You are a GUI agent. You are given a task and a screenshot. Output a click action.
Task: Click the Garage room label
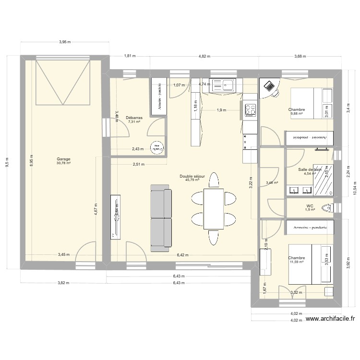(x=62, y=158)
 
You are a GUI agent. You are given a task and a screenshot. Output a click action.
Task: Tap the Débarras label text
(x=133, y=117)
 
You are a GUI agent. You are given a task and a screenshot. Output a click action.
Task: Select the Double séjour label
(x=192, y=176)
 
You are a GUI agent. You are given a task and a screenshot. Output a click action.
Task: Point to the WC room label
(x=310, y=205)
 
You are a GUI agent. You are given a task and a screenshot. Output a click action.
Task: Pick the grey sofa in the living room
(x=161, y=220)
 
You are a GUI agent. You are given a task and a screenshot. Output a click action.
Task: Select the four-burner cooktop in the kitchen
(x=250, y=110)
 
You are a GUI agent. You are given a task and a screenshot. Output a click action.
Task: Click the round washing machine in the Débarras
(x=156, y=148)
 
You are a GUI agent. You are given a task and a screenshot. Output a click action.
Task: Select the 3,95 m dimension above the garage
(x=65, y=42)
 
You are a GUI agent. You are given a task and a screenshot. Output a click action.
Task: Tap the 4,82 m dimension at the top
(x=204, y=57)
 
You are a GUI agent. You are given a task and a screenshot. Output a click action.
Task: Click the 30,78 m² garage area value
(x=62, y=163)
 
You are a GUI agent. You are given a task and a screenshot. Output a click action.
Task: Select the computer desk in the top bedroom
(x=270, y=87)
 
